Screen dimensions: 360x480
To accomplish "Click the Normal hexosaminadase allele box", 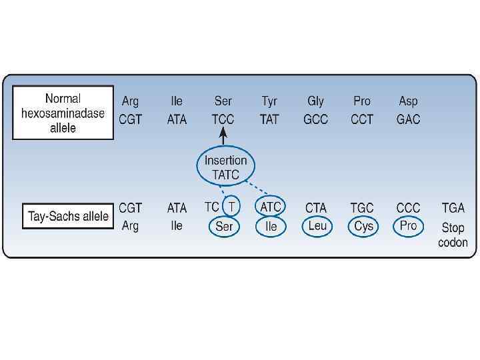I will [x=63, y=113].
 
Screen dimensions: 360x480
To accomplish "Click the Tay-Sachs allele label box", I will [x=68, y=217].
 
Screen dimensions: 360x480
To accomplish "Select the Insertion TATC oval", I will [x=226, y=167].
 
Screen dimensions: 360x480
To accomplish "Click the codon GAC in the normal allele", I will [x=408, y=120].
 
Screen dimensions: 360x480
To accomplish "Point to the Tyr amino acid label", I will [x=269, y=101].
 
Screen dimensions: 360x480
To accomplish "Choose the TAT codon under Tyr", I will [x=269, y=120].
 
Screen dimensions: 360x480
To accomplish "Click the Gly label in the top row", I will [x=315, y=101].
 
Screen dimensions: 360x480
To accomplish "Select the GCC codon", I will [x=315, y=120].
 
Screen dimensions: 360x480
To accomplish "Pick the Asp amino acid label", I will [x=408, y=101].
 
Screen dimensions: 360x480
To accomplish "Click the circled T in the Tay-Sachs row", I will [x=231, y=207].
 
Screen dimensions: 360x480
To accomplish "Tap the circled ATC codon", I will [x=270, y=207].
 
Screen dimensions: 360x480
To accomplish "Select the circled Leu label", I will [x=317, y=226].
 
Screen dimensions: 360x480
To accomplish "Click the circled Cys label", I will [x=363, y=226].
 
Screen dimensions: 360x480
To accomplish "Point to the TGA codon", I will [x=453, y=208].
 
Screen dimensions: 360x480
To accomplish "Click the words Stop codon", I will [x=453, y=235].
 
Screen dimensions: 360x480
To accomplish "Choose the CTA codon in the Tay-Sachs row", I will [x=316, y=208].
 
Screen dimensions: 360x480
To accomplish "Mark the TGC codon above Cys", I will [x=362, y=208].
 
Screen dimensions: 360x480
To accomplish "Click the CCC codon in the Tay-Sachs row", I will [x=408, y=208].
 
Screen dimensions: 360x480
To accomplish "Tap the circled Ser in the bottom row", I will [x=224, y=227].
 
